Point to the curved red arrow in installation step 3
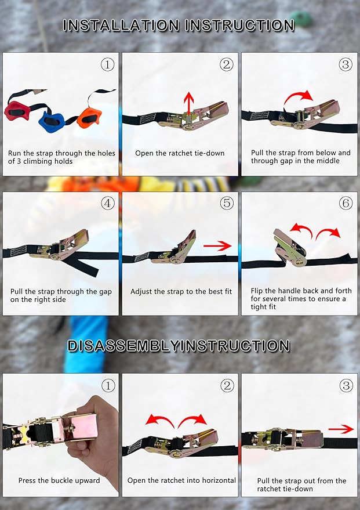point(299,96)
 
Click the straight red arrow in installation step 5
point(217,246)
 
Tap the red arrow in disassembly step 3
point(341,429)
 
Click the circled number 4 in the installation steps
point(108,203)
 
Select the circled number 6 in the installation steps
point(346,203)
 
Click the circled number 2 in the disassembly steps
point(227,385)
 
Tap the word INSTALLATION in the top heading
point(121,26)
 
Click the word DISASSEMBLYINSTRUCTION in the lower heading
point(179,346)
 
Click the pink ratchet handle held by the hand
point(81,426)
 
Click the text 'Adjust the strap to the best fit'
point(181,291)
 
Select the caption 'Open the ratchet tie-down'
point(180,153)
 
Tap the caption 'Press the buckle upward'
point(59,480)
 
